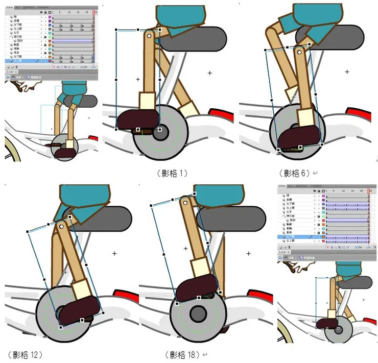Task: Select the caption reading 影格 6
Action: [295, 173]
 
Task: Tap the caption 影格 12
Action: [25, 354]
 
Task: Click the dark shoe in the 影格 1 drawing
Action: [138, 119]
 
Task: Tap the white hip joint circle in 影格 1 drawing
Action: [149, 36]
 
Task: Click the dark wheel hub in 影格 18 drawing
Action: [197, 313]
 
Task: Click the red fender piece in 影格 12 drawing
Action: [124, 295]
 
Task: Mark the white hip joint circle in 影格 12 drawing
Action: [61, 225]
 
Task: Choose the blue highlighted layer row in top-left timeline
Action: [26, 61]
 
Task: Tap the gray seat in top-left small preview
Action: [85, 100]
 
